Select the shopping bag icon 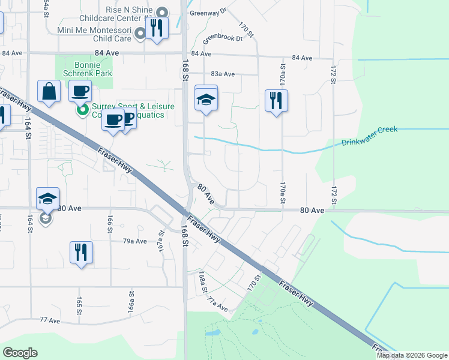tap(49, 92)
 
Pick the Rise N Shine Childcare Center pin tap(162, 13)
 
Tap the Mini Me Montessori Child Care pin tap(140, 34)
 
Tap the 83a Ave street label tap(222, 74)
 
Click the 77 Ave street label tap(50, 320)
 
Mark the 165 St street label tap(79, 305)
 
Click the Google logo tap(20, 353)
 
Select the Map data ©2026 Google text tap(412, 355)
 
